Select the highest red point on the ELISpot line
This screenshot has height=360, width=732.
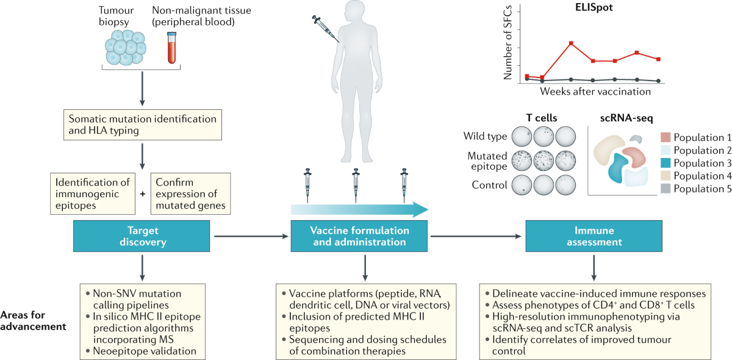570,43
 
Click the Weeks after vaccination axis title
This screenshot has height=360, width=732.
594,92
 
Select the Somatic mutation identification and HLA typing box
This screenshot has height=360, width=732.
142,124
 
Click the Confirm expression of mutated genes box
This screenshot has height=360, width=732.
191,193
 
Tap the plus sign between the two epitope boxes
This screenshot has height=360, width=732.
142,193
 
